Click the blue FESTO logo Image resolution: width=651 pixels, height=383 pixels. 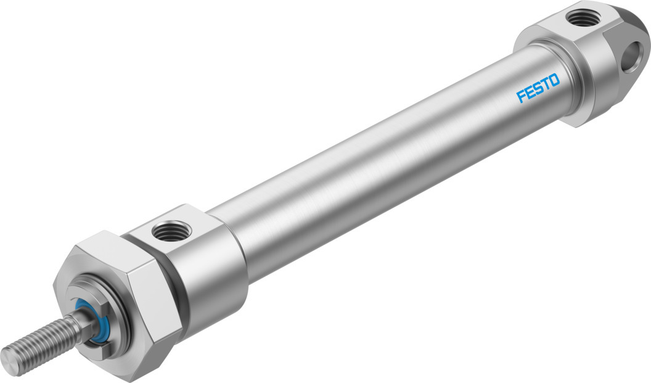tap(538, 88)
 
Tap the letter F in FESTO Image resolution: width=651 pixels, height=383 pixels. tap(521, 96)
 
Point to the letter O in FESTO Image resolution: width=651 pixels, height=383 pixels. tap(554, 80)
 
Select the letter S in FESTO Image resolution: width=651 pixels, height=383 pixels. tap(538, 88)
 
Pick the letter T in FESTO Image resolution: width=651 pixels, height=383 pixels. tap(546, 84)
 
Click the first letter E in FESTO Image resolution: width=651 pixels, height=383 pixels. tap(530, 93)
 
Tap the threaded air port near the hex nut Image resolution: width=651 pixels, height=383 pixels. tap(171, 231)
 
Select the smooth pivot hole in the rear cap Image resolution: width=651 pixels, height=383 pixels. tap(633, 52)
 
